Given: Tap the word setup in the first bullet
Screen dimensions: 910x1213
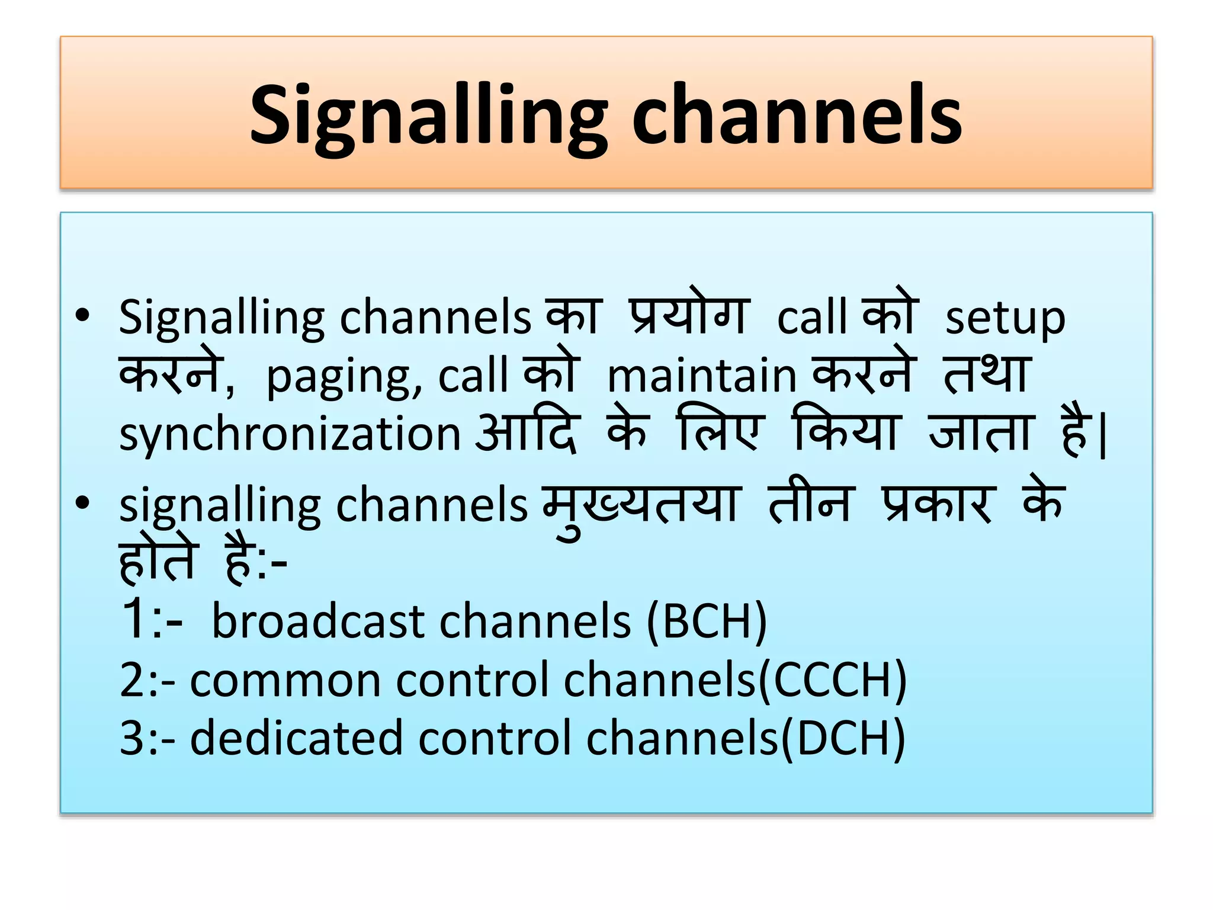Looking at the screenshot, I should [1005, 319].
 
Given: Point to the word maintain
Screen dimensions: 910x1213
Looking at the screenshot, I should [702, 376].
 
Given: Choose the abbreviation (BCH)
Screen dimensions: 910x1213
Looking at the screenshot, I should [707, 621].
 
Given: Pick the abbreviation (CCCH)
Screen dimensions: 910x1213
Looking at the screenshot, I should [832, 680].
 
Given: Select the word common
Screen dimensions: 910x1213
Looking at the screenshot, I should [285, 680].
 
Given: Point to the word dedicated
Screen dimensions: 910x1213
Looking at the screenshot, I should [297, 739].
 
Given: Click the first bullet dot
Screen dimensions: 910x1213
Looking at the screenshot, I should [83, 316].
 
